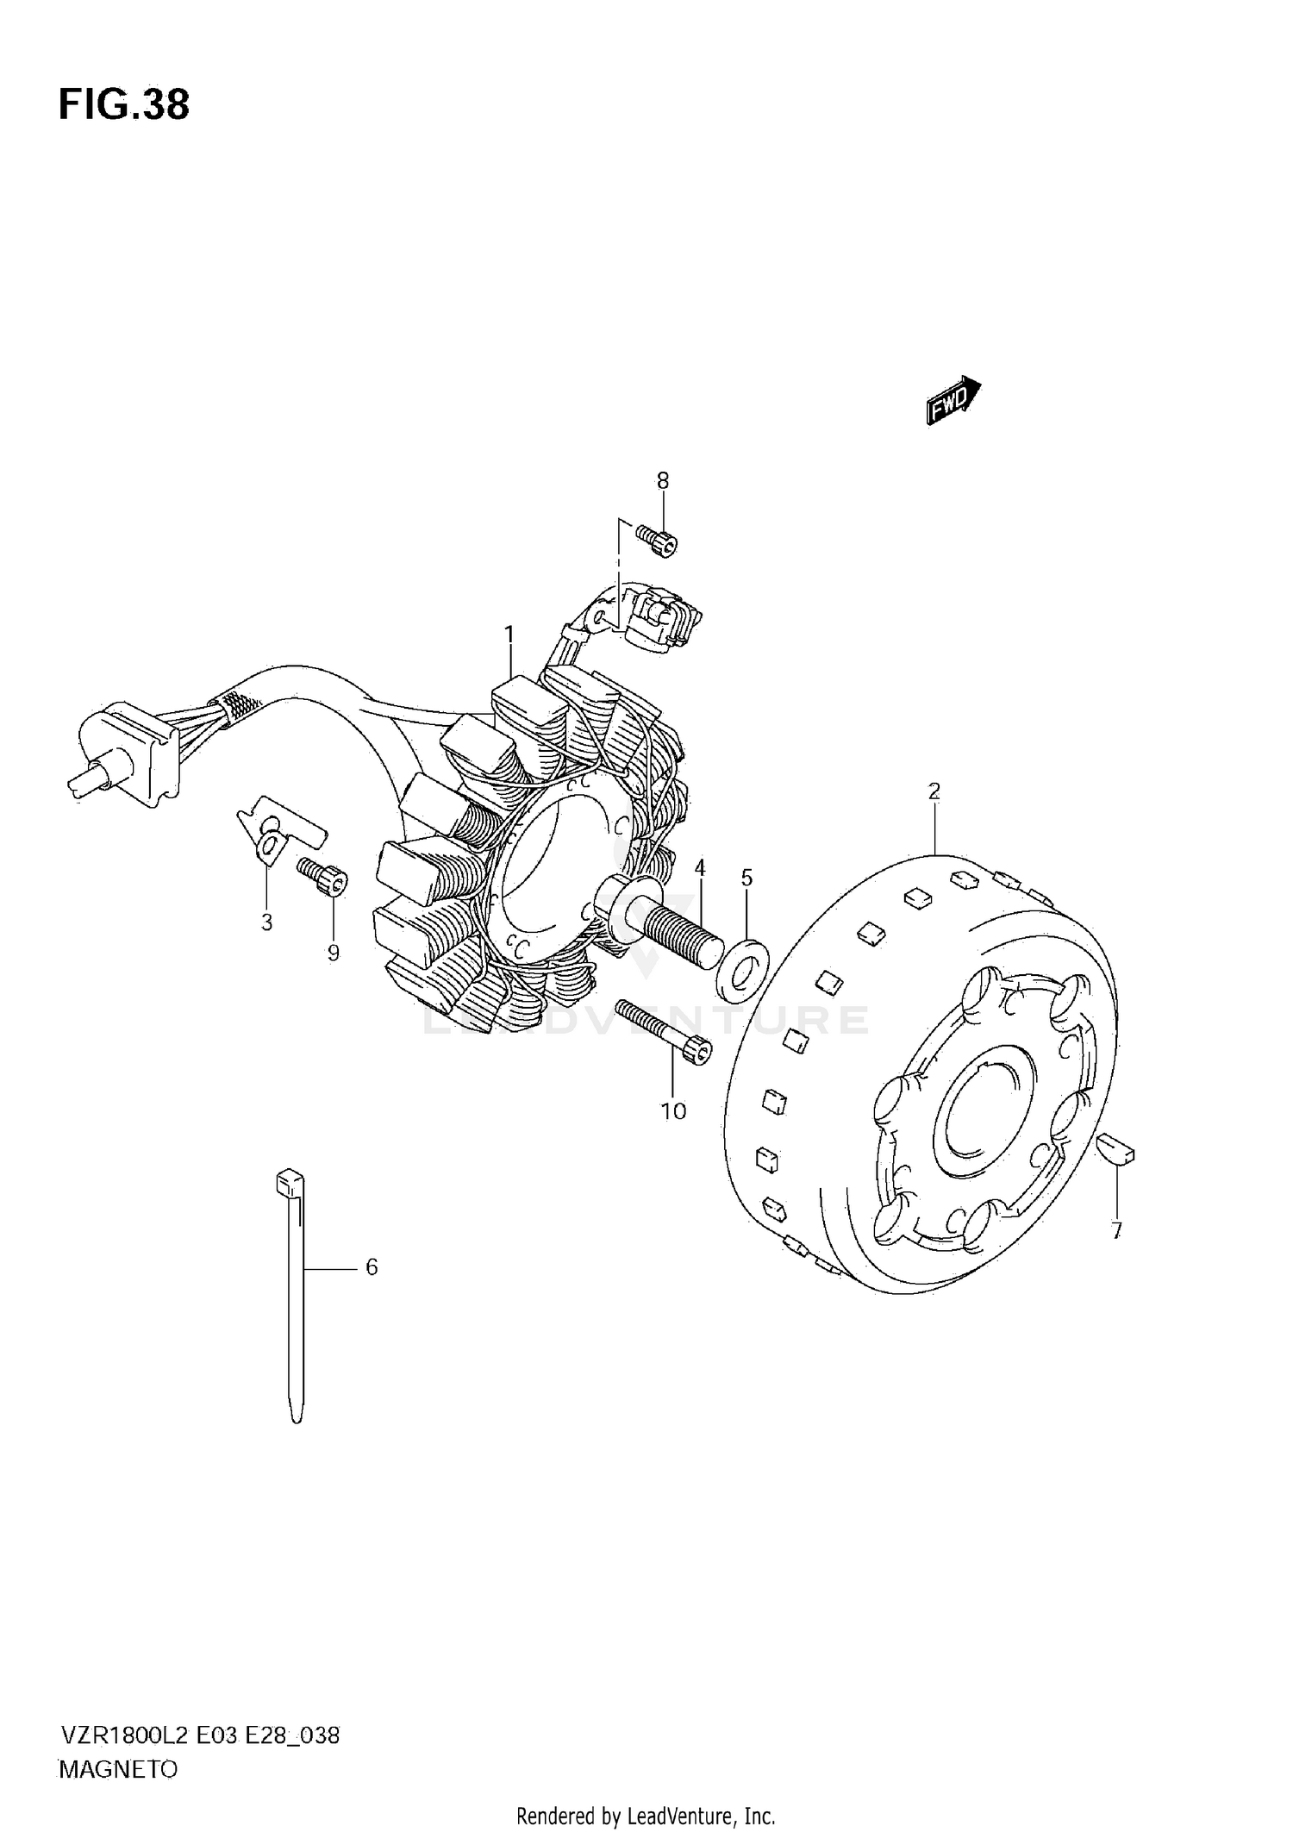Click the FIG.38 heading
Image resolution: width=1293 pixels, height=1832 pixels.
[124, 105]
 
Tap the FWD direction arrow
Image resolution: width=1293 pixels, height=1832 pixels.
[953, 400]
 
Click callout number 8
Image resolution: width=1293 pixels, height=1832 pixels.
[662, 480]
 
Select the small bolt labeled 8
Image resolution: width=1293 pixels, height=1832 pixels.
[659, 541]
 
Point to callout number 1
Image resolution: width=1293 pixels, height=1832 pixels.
[509, 635]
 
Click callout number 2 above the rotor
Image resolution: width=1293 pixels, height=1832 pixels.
[934, 791]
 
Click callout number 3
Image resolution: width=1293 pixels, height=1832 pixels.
[266, 922]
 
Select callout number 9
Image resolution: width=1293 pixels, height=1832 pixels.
[333, 952]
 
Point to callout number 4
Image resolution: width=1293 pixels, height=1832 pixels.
[700, 867]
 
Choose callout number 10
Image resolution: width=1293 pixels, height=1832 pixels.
[673, 1111]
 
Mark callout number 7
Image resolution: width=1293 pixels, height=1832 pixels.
[1116, 1231]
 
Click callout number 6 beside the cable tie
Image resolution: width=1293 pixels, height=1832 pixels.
[372, 1266]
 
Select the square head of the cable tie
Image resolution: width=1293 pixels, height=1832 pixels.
[289, 1182]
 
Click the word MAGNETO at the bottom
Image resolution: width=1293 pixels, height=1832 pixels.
[118, 1770]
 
